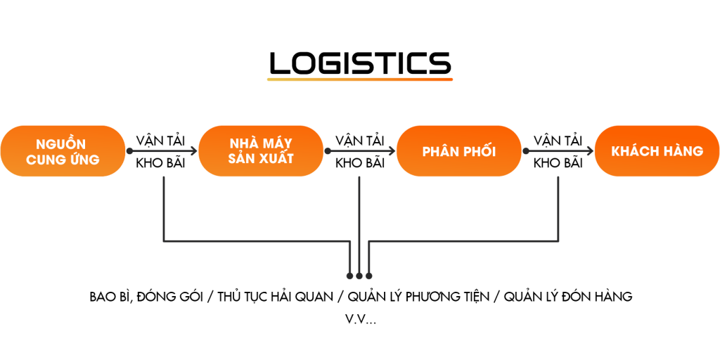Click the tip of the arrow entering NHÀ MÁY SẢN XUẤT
(197, 150)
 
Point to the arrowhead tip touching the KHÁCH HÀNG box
(593, 150)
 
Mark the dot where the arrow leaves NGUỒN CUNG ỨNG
(129, 150)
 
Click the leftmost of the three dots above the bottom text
(350, 276)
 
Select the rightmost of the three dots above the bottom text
(368, 276)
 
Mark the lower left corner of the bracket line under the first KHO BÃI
(164, 240)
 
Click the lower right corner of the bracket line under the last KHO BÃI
(558, 240)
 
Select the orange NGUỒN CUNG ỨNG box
(63, 151)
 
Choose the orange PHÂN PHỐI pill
(459, 151)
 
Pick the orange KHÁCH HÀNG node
(657, 151)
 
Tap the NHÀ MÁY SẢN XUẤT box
(261, 151)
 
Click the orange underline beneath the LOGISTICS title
(360, 79)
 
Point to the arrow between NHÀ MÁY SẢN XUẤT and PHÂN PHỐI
(361, 150)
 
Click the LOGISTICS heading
(360, 63)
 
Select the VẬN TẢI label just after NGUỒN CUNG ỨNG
(161, 140)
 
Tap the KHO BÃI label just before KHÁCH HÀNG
(558, 163)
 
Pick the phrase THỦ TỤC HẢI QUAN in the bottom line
(276, 297)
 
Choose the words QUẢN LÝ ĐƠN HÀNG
(568, 297)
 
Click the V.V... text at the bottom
(360, 320)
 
